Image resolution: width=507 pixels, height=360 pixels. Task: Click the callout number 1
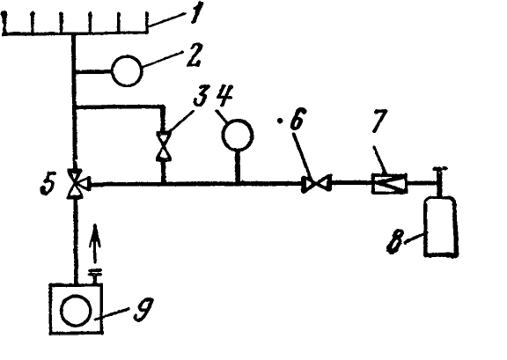click(196, 13)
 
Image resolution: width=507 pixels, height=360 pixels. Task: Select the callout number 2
click(193, 55)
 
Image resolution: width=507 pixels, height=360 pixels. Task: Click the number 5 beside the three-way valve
click(48, 183)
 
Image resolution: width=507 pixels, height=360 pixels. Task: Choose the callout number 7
click(379, 121)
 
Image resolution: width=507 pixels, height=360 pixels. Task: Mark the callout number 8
click(395, 242)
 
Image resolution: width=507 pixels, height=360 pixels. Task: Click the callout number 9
click(143, 310)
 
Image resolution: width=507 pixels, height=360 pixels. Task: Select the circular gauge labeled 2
click(127, 70)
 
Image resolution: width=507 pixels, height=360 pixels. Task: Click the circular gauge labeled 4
click(238, 136)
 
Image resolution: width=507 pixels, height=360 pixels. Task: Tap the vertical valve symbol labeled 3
click(164, 146)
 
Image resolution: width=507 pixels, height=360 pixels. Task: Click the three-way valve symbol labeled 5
click(77, 183)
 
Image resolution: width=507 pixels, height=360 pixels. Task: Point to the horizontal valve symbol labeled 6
click(317, 184)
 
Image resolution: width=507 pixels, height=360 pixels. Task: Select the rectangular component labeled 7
click(389, 184)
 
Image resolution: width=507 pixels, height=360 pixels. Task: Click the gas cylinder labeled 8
click(441, 227)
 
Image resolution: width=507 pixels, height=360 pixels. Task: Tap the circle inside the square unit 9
click(76, 311)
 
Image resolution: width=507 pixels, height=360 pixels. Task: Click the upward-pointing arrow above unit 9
click(95, 244)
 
